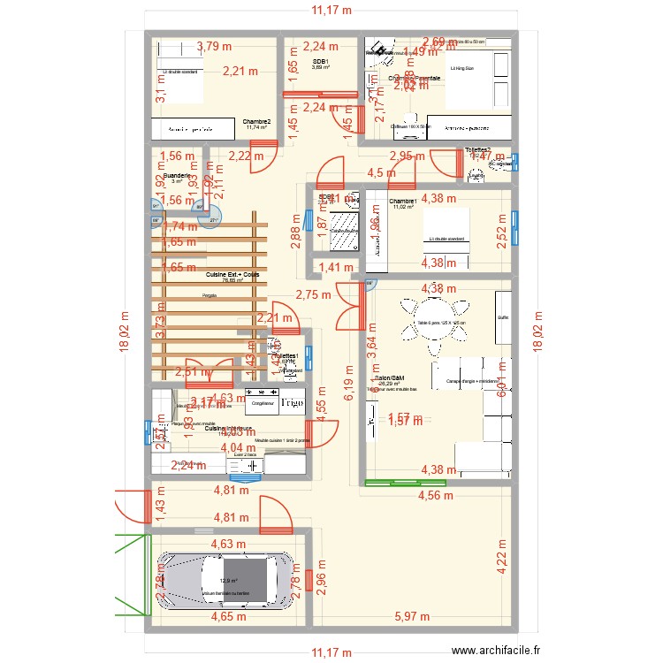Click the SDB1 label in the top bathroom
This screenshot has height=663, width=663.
[x=321, y=62]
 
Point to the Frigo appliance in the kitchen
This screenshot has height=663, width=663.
[x=292, y=402]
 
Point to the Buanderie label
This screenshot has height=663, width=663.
[x=178, y=176]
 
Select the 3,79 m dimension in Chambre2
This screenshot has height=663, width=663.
[x=215, y=47]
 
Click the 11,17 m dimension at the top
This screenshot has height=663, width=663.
[x=331, y=11]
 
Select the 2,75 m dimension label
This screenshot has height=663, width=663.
[x=314, y=295]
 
